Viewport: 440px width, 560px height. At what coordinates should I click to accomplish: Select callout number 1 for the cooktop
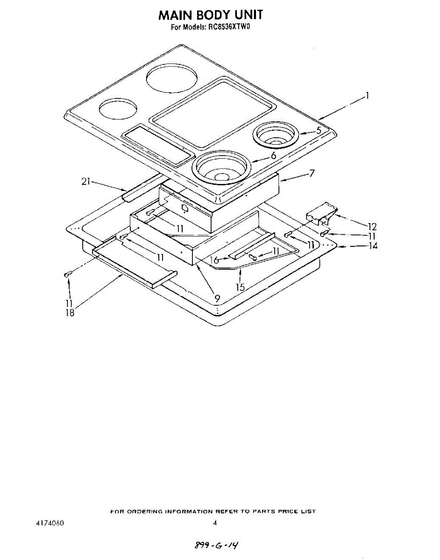coord(368,96)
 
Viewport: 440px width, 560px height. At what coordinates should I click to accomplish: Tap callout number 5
coord(319,131)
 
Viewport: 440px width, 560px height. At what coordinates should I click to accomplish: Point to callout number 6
coord(273,155)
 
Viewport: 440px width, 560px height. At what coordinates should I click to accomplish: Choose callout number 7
coord(311,173)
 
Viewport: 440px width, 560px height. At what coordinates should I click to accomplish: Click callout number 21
coord(85,182)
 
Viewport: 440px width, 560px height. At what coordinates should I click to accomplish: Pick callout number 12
coord(372,227)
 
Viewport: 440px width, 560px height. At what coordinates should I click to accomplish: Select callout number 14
coord(373,245)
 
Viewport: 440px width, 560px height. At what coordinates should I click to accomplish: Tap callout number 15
coord(240,287)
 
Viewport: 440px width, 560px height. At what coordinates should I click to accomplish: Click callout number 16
coord(215,260)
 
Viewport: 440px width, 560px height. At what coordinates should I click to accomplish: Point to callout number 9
coord(217,297)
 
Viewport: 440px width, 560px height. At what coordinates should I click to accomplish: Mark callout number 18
coord(70,313)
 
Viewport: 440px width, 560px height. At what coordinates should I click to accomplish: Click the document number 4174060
coord(50,523)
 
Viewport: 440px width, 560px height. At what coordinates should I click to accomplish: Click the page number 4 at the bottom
coord(215,523)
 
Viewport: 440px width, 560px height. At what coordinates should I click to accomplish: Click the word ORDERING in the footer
coord(143,511)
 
